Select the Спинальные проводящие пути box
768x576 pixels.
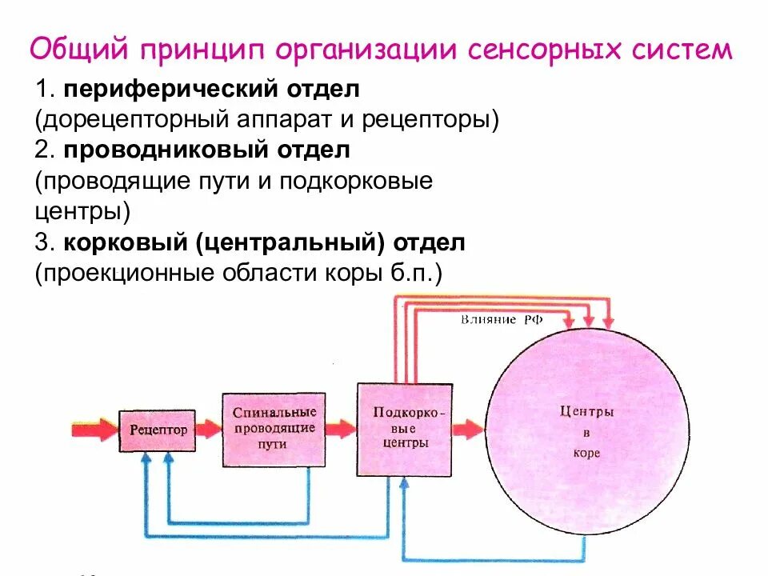point(274,430)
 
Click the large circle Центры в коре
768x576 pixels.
point(586,432)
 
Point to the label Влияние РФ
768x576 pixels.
point(502,319)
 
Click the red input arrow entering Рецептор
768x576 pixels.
point(94,430)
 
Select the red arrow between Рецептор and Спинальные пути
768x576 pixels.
point(209,430)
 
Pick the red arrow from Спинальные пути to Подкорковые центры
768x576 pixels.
point(342,430)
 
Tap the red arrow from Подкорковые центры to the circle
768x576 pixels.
point(468,430)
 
